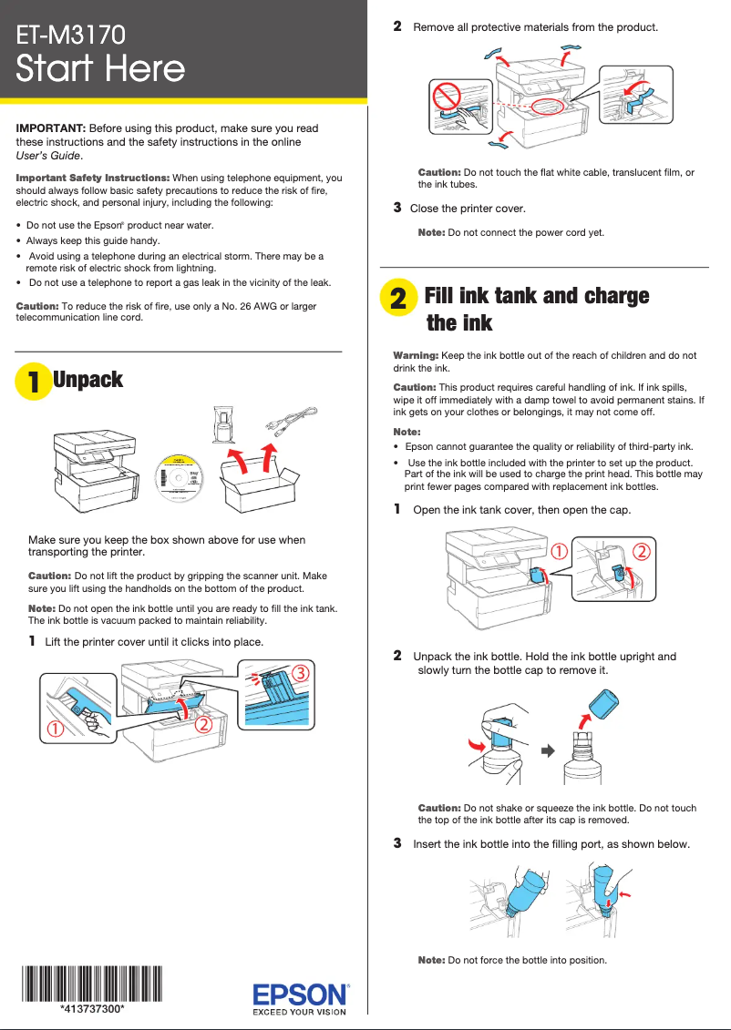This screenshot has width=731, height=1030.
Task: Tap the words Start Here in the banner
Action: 100,69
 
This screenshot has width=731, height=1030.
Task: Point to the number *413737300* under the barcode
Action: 92,1009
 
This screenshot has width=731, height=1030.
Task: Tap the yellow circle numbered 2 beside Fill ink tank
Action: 398,299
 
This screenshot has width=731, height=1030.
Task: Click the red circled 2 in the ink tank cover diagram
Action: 641,552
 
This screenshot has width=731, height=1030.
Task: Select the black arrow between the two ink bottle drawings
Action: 548,750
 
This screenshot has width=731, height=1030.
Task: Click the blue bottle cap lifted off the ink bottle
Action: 604,705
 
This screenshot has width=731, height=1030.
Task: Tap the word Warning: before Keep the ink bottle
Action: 416,355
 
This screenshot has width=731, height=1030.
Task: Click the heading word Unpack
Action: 88,380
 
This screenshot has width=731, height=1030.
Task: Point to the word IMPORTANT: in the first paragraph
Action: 51,129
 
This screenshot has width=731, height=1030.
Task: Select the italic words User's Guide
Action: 48,157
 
